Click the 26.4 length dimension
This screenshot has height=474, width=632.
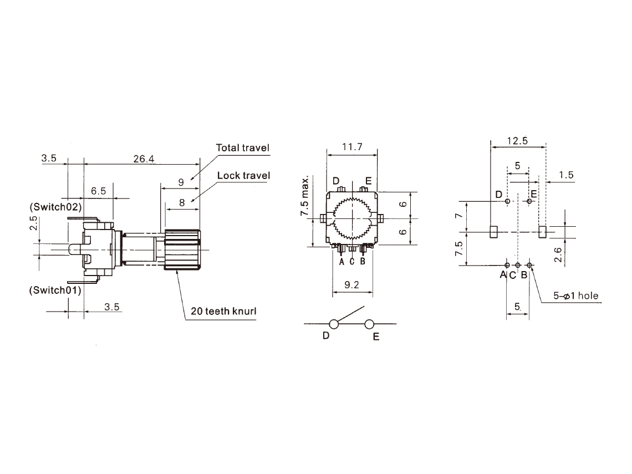click(x=144, y=159)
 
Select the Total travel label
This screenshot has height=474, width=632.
click(x=243, y=148)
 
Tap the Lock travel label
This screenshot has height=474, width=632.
click(x=243, y=175)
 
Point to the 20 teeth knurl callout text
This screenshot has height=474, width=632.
click(x=223, y=311)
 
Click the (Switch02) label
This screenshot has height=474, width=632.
click(x=55, y=207)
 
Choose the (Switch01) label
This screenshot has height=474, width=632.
click(x=55, y=290)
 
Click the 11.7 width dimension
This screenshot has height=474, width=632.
click(x=352, y=147)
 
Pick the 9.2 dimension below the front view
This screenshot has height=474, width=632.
click(x=352, y=285)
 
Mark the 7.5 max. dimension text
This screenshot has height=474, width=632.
click(x=305, y=196)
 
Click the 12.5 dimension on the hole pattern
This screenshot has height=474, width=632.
click(x=518, y=141)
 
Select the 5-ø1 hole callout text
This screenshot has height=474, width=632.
click(x=575, y=296)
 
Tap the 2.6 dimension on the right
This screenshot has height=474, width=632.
click(x=558, y=254)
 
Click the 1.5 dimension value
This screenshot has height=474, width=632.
click(x=566, y=175)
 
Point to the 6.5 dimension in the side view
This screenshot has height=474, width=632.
click(x=98, y=191)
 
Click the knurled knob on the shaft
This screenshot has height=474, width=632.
click(x=182, y=249)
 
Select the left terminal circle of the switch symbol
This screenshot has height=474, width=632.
click(x=334, y=324)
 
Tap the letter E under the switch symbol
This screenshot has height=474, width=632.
click(x=376, y=337)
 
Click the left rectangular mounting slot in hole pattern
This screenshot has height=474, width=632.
click(x=493, y=232)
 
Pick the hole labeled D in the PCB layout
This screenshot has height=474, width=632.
click(x=507, y=201)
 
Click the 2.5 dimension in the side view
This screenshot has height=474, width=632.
click(x=34, y=223)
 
